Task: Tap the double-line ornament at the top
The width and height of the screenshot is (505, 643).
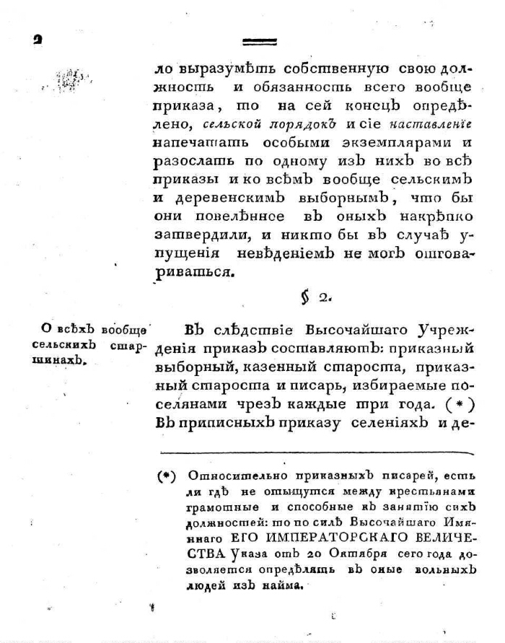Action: coord(260,42)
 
